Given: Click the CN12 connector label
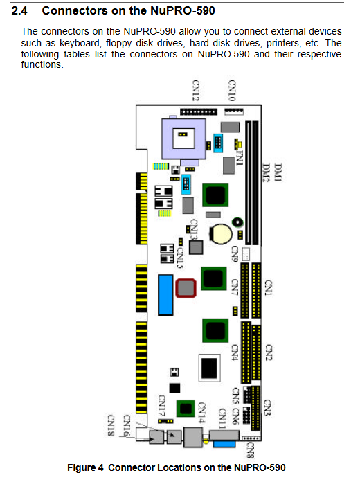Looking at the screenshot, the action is (x=196, y=90).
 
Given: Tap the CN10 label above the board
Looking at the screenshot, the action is (x=232, y=90).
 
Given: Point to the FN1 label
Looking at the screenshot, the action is (x=240, y=158).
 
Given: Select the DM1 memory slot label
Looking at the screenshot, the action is (x=278, y=172).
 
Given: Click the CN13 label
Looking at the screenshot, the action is (x=194, y=229).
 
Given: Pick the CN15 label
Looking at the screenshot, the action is (x=181, y=258).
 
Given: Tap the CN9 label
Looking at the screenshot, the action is (x=235, y=253).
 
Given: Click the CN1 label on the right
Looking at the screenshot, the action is (x=269, y=287).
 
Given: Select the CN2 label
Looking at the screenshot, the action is (x=269, y=352).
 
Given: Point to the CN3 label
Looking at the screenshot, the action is (x=267, y=408).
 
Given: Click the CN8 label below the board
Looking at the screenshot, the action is (x=251, y=450).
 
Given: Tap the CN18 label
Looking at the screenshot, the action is (x=111, y=425).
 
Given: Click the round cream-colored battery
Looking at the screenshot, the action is (x=220, y=234).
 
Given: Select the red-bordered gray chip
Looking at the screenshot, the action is (x=186, y=288).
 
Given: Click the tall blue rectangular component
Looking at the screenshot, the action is (x=165, y=295).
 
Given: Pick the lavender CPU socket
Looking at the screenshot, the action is (x=184, y=139).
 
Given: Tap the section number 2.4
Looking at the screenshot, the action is (x=19, y=11).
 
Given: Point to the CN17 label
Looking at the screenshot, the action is (x=162, y=406).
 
